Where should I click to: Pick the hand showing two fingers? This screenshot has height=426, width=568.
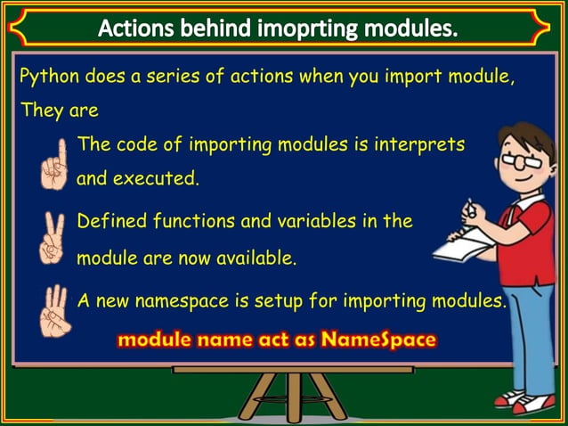[53, 238]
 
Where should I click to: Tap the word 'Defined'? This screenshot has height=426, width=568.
[111, 221]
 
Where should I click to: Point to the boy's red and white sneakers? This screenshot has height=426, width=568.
[525, 402]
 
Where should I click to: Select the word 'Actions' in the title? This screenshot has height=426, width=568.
[137, 29]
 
